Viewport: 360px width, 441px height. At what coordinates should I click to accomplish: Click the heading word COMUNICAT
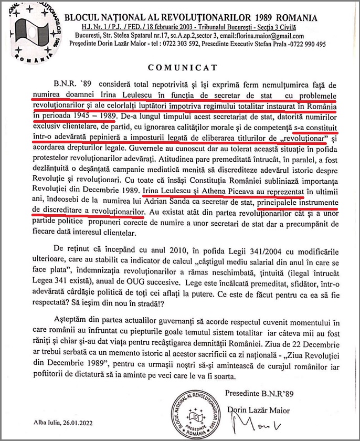pos(179,68)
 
